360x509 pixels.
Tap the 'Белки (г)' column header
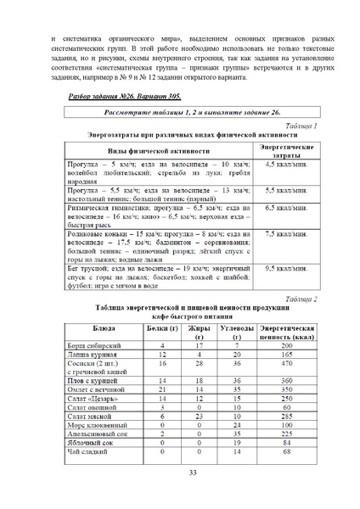point(162,327)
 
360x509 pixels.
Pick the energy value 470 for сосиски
point(287,364)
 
